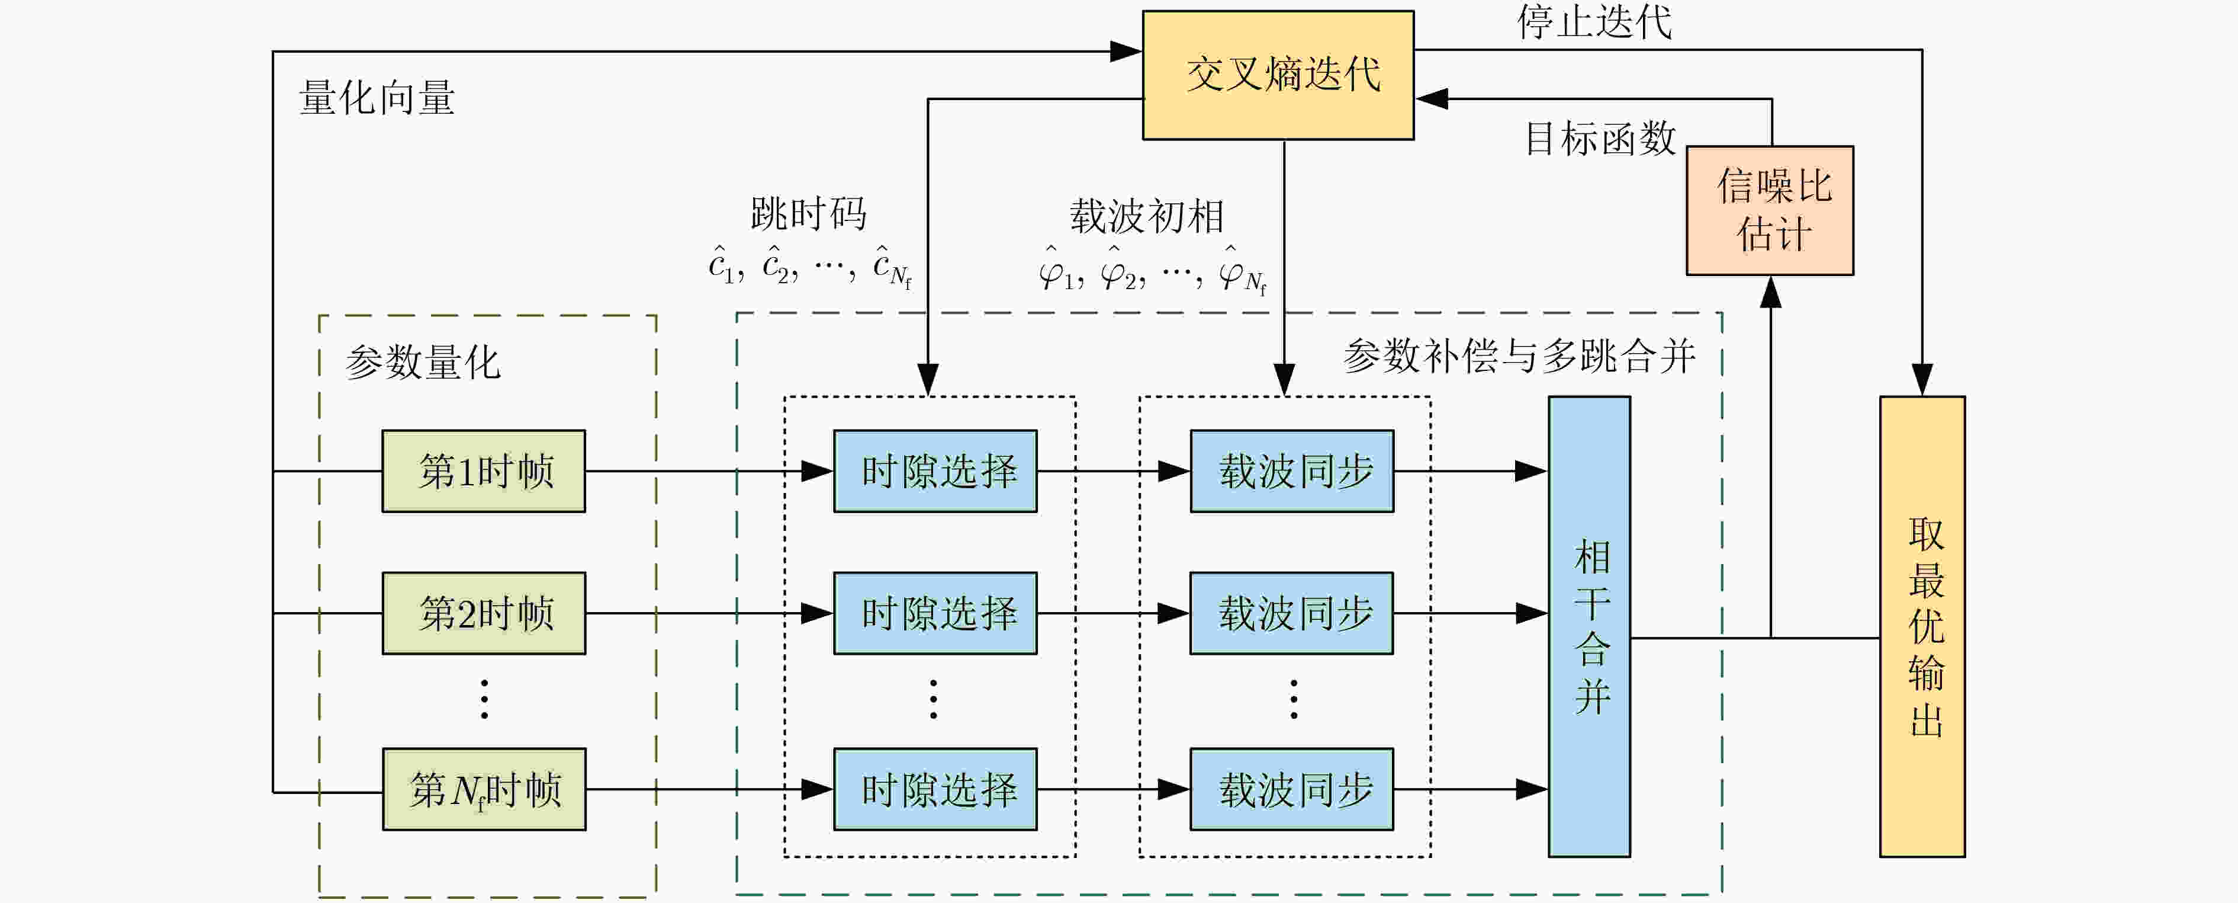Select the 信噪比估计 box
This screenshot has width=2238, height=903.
1770,210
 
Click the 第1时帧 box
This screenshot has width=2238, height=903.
484,471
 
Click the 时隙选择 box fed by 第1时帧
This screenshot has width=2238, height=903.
935,471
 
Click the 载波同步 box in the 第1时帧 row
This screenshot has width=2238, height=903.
1292,471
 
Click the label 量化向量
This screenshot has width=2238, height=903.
377,97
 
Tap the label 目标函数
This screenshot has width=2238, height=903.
1601,138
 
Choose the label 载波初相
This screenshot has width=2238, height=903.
1147,216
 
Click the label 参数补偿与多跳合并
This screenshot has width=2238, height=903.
1519,356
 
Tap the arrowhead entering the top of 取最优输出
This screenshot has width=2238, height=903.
1922,380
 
